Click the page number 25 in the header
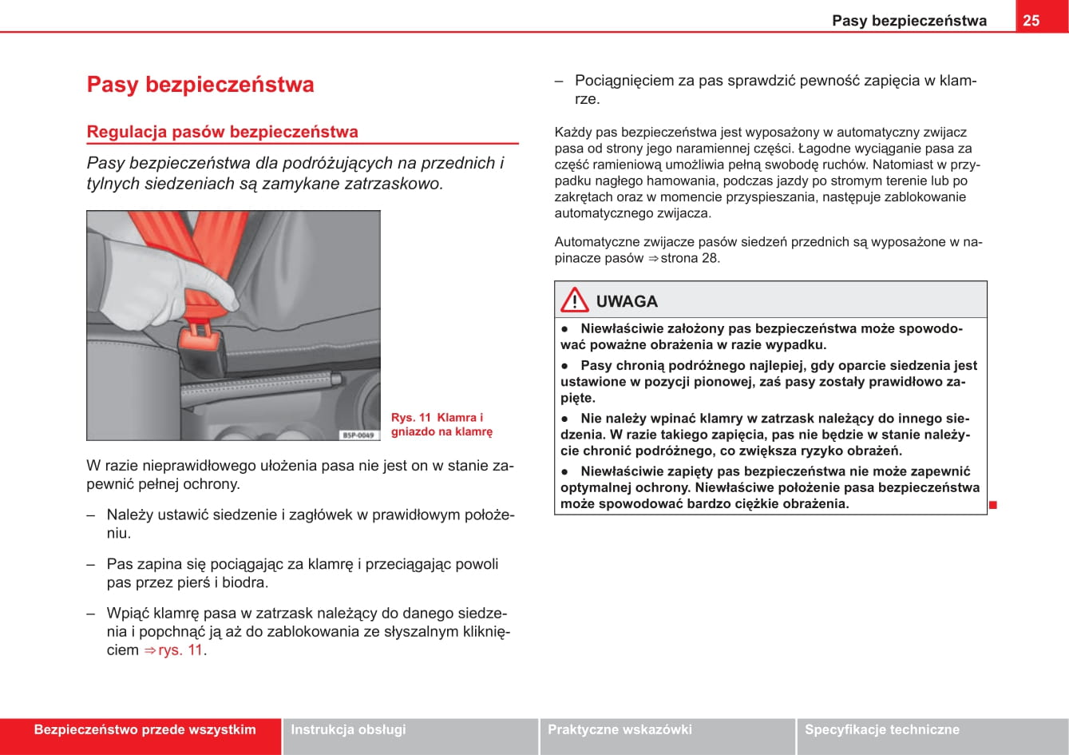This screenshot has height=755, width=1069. [x=1031, y=20]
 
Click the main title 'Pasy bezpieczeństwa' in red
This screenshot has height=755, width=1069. [x=200, y=85]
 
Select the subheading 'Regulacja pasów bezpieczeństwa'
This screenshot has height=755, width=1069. [x=222, y=132]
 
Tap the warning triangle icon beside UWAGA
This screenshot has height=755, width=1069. [x=574, y=300]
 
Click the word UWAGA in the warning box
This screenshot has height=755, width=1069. [x=627, y=301]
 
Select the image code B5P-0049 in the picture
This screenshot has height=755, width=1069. [x=358, y=435]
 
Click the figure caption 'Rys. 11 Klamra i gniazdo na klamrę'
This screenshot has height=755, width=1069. [x=441, y=424]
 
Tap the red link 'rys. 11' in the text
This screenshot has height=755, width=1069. [x=180, y=650]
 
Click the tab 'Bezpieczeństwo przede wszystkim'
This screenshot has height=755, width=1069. [x=145, y=729]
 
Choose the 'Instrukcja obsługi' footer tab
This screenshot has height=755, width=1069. [x=348, y=729]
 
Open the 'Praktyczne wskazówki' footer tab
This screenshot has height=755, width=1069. [x=620, y=729]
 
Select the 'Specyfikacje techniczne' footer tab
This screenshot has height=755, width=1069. [x=881, y=729]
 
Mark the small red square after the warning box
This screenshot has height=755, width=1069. [x=993, y=505]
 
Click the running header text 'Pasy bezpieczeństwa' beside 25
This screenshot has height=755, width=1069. [x=909, y=21]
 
